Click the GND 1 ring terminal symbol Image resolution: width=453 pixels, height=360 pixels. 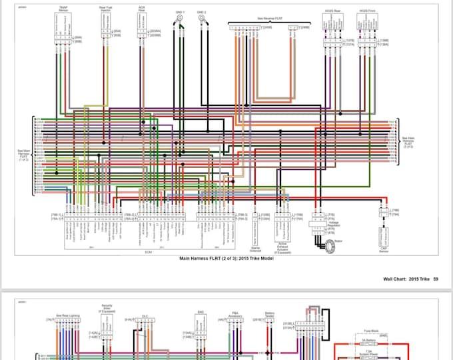178,21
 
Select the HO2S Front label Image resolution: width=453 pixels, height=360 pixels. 367,11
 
